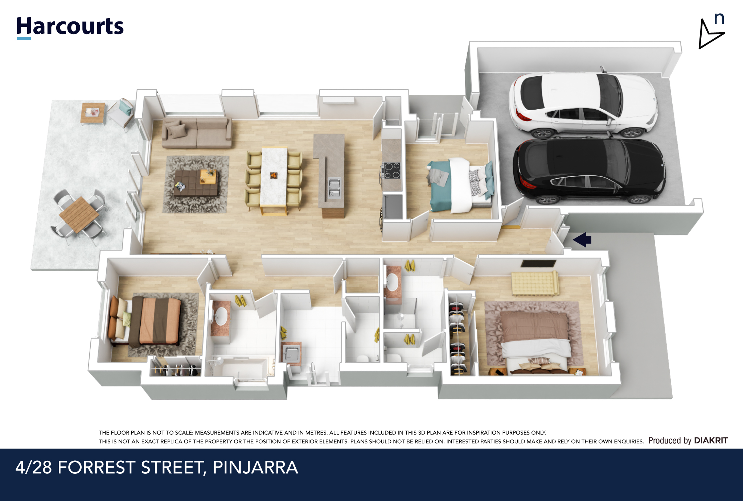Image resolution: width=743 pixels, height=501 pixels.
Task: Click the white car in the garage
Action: pos(583,104)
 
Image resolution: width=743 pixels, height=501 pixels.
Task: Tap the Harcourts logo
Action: pos(70,28)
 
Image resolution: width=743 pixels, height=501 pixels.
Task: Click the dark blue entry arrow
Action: pos(582,240)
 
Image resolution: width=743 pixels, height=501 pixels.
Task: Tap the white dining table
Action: pos(274,178)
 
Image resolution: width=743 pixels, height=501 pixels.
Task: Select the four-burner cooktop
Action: pos(391,170)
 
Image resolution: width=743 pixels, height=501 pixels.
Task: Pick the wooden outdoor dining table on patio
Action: pos(79,214)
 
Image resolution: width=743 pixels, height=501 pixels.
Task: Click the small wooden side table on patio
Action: pos(94,113)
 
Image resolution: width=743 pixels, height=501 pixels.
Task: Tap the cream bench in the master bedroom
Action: pos(535,283)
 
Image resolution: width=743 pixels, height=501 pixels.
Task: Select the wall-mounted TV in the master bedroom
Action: pos(539,264)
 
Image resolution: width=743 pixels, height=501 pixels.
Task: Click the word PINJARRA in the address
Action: pos(255,467)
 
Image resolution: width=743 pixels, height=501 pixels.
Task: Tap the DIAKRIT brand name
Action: pos(711,440)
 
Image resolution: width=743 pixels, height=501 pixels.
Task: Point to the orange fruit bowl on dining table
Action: pos(274,176)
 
